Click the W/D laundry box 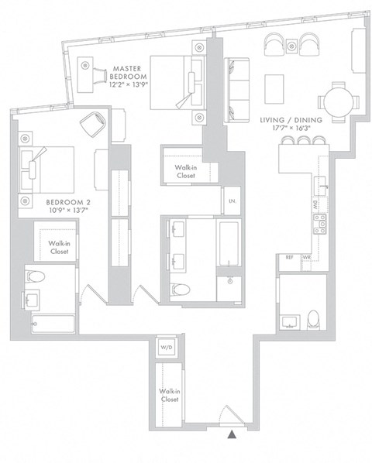[x=167, y=348]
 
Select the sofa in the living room [x=234, y=91]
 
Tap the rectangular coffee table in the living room [x=276, y=87]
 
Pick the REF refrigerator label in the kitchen [x=289, y=256]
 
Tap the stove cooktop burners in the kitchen [x=319, y=225]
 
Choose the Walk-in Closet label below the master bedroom [x=184, y=171]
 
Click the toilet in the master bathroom [x=180, y=290]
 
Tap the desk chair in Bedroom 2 [x=95, y=124]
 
